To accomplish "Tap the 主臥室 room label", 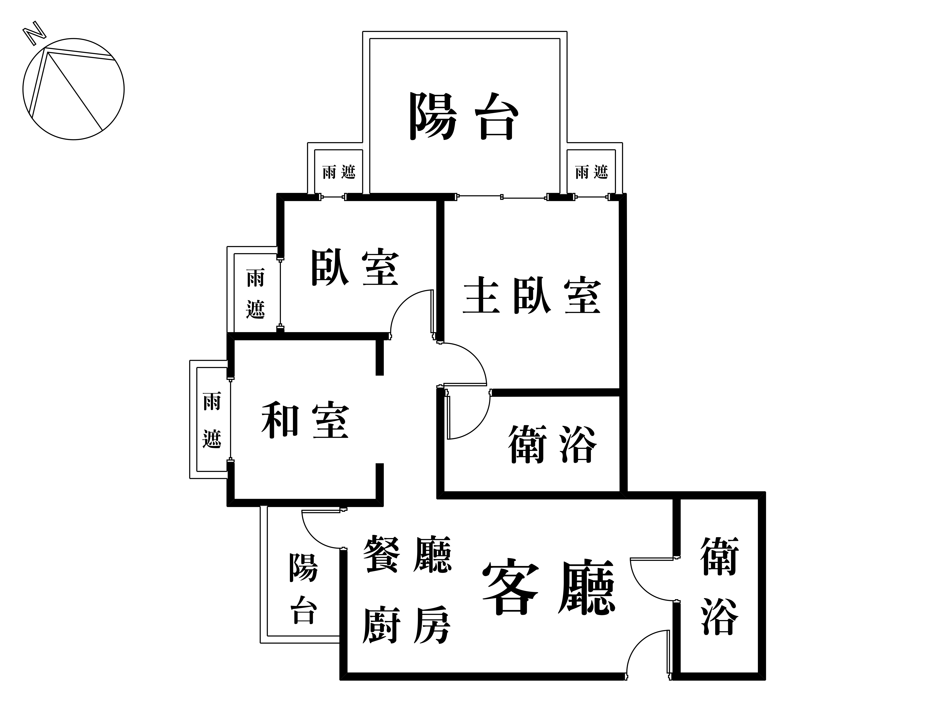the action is [x=532, y=296].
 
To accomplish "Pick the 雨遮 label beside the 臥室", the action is [x=255, y=294].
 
